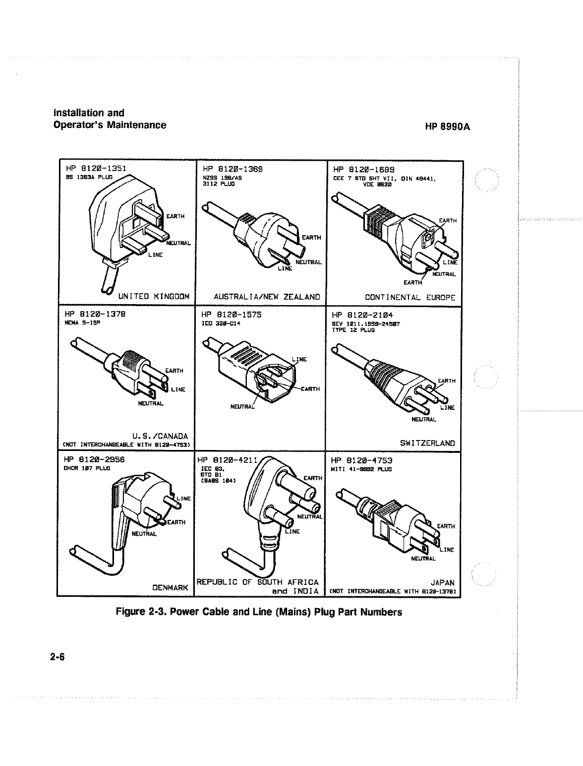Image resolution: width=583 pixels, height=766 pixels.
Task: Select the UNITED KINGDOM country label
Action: (154, 297)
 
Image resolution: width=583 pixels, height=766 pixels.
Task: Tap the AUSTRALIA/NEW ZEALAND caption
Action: (267, 297)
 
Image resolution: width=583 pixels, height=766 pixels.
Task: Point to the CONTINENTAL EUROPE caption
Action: (410, 298)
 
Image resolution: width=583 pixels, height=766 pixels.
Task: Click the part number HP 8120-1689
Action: (364, 169)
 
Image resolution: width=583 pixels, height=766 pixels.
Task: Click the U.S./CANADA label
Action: (165, 436)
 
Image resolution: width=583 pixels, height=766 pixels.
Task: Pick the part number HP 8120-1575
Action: (232, 315)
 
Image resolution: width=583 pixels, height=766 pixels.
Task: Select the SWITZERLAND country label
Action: (427, 443)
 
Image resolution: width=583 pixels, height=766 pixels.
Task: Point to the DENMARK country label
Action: (171, 588)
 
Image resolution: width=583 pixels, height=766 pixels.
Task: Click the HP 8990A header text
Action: (447, 127)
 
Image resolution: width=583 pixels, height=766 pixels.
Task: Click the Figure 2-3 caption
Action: (259, 612)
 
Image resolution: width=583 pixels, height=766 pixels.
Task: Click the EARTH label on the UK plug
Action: (175, 216)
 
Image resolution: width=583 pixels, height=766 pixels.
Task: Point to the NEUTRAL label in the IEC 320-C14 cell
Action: (242, 407)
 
